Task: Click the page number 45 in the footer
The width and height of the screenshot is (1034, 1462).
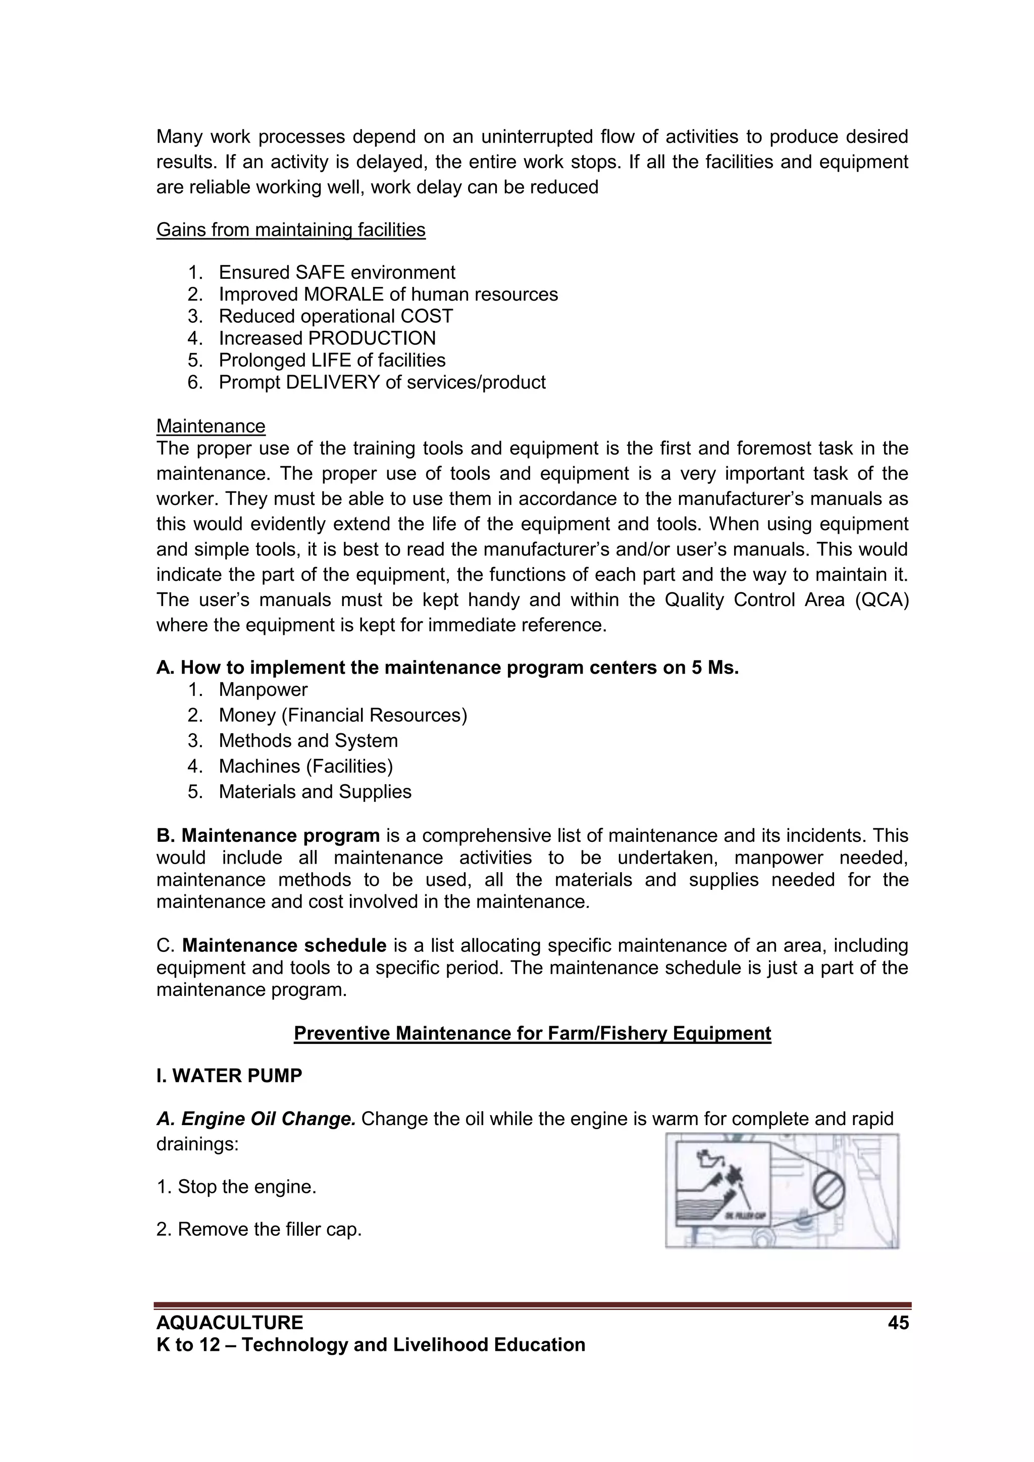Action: pos(898,1323)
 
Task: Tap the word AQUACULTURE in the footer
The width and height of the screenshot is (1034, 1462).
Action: pos(230,1323)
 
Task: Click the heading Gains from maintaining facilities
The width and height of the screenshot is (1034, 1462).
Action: pos(290,229)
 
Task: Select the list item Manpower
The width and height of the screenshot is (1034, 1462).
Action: pos(263,690)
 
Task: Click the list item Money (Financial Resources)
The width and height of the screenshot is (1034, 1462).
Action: pos(342,715)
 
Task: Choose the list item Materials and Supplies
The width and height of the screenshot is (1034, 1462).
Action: pos(315,791)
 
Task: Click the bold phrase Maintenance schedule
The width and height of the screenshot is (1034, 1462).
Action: pos(284,945)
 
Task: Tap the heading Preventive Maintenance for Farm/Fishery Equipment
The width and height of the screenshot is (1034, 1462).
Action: pos(532,1033)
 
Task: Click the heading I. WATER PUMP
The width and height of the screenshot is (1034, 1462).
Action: pos(229,1076)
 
